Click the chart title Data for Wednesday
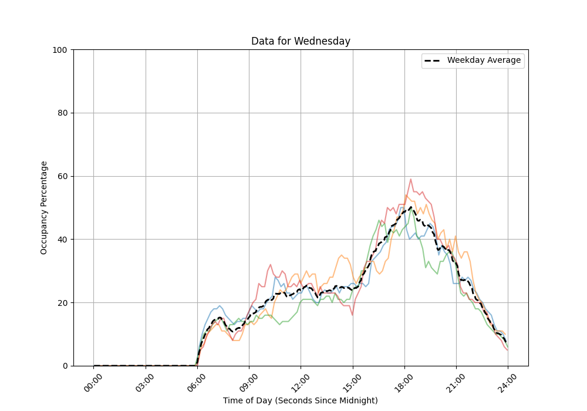[301, 41]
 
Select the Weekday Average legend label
[484, 60]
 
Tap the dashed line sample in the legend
[433, 60]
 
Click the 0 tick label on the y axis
[65, 366]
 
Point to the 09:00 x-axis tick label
[249, 380]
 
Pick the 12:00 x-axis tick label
[301, 380]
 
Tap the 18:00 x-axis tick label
[404, 380]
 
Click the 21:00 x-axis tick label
[456, 380]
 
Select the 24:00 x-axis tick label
[508, 380]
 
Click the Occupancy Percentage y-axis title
[44, 208]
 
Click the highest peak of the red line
[410, 179]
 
